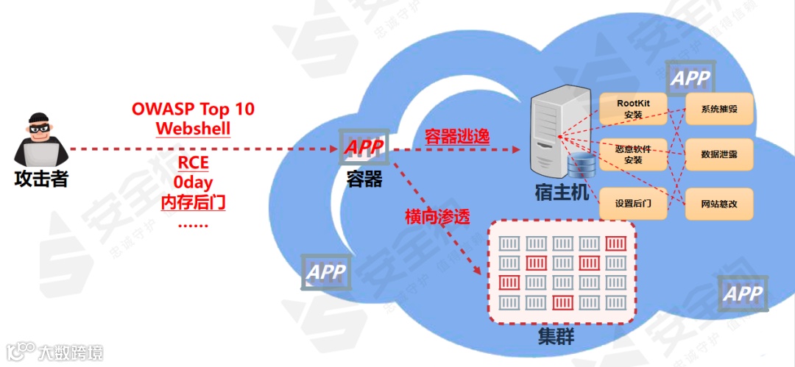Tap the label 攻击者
coord(41,178)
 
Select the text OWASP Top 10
coord(193,109)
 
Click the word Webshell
coord(193,129)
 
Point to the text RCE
coord(193,163)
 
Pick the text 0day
coord(193,181)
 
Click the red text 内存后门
coord(193,200)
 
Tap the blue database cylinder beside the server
coord(581,168)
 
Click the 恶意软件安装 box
coord(633,154)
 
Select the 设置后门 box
coord(633,203)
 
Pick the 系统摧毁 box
coord(719,109)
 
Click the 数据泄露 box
coord(719,156)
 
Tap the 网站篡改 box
coord(719,204)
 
